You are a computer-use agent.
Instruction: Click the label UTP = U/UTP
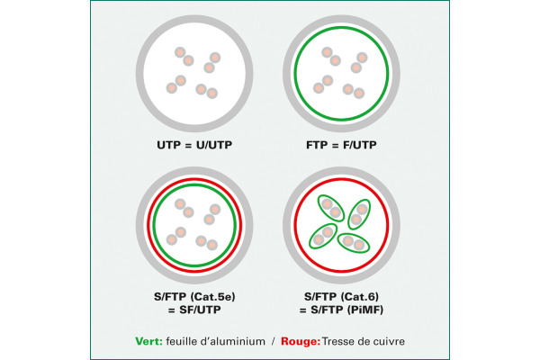point(194,145)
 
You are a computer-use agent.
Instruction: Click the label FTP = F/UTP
point(341,145)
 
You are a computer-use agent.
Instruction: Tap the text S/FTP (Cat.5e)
point(194,297)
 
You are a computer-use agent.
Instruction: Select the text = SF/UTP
point(194,310)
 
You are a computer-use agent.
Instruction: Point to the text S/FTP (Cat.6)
point(341,297)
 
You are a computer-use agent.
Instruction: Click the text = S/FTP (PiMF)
point(341,310)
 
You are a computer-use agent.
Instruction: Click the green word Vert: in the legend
point(148,341)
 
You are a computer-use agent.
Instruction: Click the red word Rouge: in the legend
point(301,341)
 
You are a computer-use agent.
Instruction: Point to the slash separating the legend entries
point(273,341)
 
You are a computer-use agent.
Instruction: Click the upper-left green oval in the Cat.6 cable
point(331,208)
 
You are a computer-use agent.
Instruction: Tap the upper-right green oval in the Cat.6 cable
point(359,214)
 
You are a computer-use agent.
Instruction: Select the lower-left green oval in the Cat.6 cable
point(323,236)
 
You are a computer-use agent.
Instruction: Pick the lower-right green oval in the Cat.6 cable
point(354,243)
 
